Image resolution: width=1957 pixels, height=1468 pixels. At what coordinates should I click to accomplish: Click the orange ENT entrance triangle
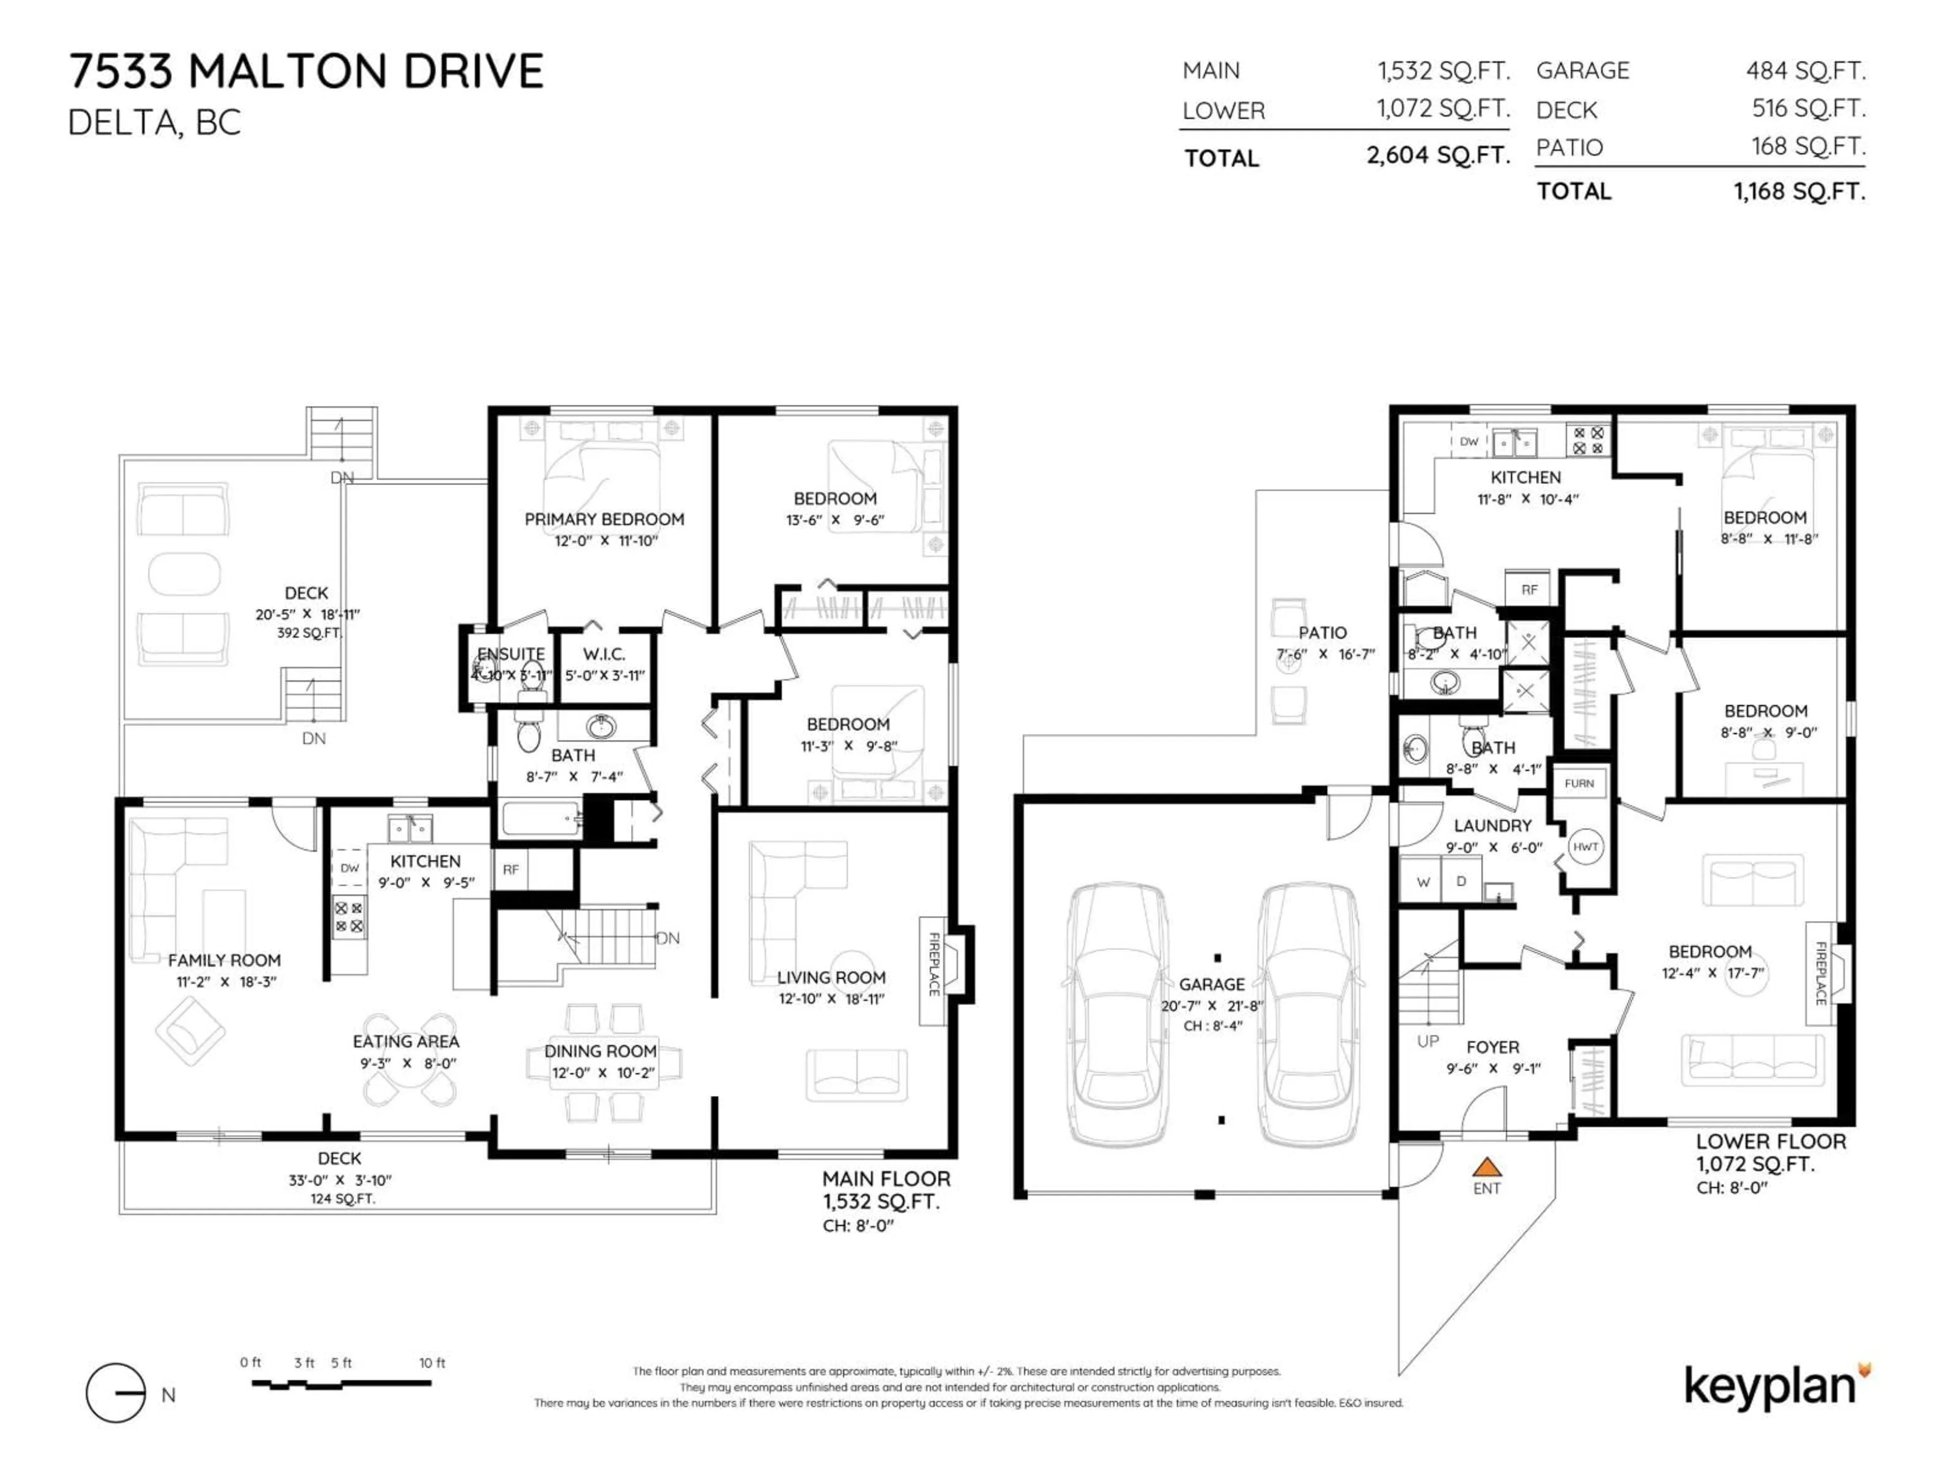tap(1487, 1167)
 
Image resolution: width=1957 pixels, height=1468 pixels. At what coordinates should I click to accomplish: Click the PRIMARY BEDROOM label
tap(604, 519)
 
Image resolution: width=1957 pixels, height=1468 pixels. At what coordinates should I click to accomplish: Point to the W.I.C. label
tap(604, 654)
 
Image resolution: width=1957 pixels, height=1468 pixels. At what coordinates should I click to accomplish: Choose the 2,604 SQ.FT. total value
tap(1438, 156)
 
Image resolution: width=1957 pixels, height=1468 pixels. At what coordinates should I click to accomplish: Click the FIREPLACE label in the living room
tap(933, 964)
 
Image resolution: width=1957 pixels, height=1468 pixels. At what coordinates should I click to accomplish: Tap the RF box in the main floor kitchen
tap(511, 870)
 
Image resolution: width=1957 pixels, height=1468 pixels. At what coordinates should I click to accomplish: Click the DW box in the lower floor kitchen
tap(1469, 441)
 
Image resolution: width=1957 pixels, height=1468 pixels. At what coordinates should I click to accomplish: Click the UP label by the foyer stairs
tap(1428, 1041)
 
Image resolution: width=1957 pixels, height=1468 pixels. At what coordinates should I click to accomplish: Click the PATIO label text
tap(1322, 633)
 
